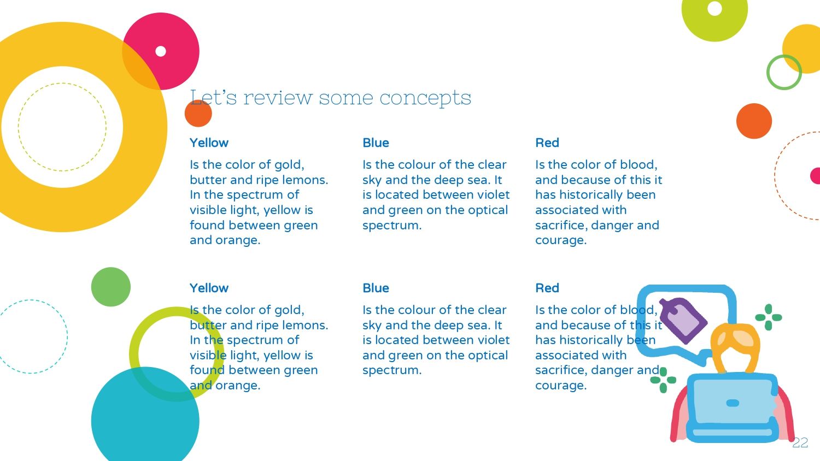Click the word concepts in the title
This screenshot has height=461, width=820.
(x=425, y=98)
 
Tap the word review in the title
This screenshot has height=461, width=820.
(x=278, y=98)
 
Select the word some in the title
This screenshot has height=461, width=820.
(x=346, y=98)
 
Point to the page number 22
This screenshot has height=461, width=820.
(x=800, y=443)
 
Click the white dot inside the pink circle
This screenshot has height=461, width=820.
(x=161, y=51)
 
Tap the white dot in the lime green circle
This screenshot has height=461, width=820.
(x=714, y=8)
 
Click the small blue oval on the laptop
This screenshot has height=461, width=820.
(x=733, y=403)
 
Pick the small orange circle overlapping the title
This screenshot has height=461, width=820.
(x=198, y=114)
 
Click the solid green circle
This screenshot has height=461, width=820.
(x=111, y=287)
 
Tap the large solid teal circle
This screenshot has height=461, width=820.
(x=145, y=417)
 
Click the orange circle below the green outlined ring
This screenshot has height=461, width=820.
(x=754, y=121)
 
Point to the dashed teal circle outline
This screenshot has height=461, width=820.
(x=67, y=336)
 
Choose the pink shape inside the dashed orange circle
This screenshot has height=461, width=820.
(x=815, y=176)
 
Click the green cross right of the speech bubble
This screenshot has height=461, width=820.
(x=769, y=317)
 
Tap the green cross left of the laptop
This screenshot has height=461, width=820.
(x=663, y=380)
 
